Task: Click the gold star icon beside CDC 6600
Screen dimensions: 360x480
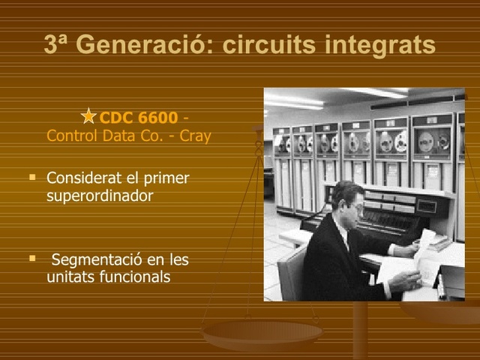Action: click(89, 116)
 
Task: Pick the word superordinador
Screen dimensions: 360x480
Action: click(100, 196)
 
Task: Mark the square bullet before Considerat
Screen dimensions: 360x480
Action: click(32, 178)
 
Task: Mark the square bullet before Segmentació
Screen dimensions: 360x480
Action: click(32, 259)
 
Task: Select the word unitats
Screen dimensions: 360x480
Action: click(67, 277)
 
